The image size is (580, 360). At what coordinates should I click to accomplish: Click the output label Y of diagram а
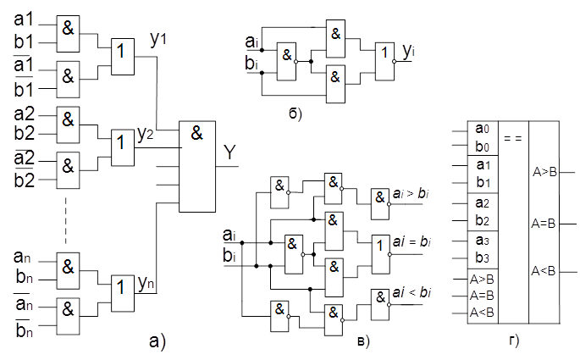point(229,152)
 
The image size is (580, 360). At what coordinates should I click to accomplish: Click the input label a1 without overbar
point(25,17)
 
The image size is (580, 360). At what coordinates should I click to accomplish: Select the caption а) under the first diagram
point(157,341)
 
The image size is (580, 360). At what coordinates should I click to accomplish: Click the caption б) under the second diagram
point(295,112)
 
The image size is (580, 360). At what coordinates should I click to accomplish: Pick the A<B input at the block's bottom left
point(483,313)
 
